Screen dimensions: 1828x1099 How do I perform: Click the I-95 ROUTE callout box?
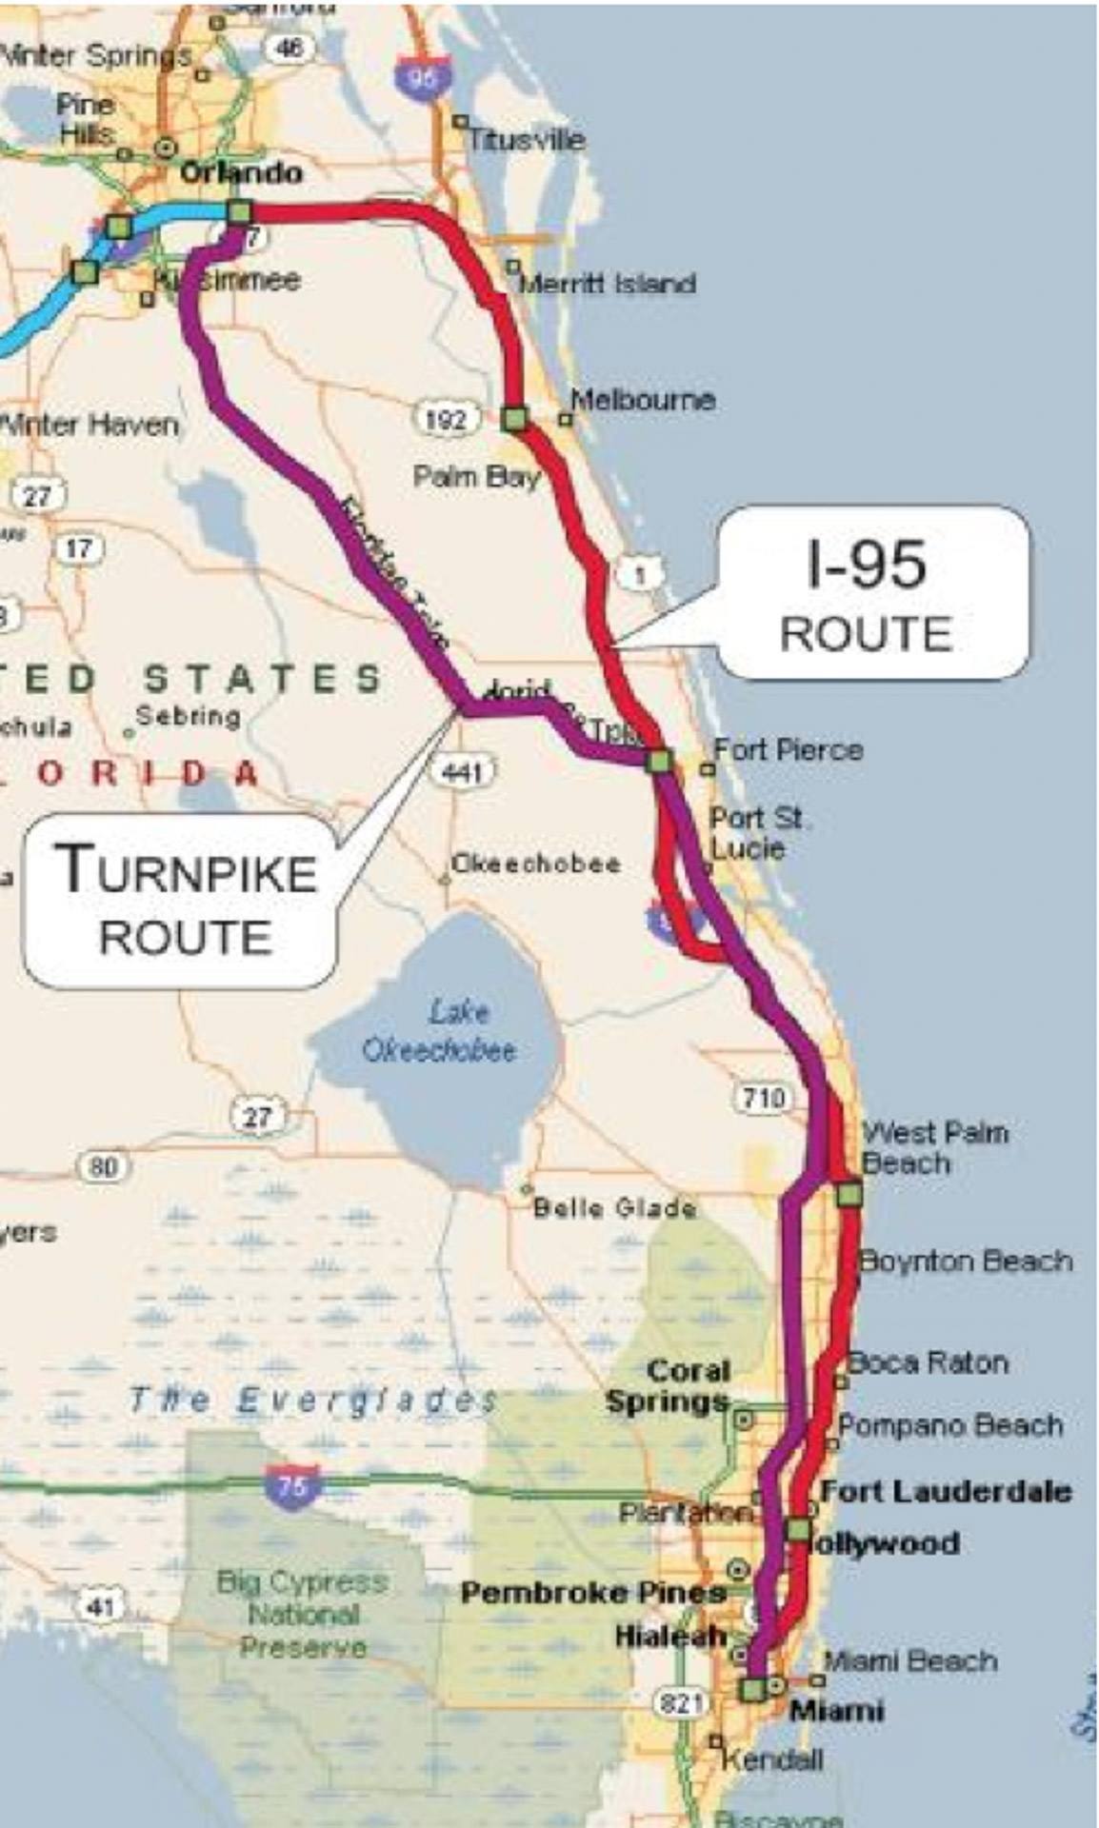pos(872,594)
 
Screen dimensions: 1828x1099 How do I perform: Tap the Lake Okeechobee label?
pos(439,1031)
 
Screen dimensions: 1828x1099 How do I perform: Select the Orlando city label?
pos(241,173)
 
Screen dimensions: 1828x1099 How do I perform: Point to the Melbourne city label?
pos(644,400)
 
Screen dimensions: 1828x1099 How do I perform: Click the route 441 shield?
pos(462,770)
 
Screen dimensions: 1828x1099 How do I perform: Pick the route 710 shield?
pos(763,1098)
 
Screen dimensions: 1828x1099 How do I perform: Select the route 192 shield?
pos(445,418)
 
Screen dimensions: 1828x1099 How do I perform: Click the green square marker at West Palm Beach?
pos(849,1193)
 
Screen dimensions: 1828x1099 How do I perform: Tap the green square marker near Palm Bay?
pos(514,418)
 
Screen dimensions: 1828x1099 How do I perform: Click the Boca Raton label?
pos(928,1362)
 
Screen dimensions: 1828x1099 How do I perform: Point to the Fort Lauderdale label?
pos(946,1491)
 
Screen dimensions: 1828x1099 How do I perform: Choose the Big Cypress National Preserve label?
pos(302,1614)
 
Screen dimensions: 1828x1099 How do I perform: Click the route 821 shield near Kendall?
pos(681,1702)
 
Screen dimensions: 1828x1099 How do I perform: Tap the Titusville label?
pos(527,140)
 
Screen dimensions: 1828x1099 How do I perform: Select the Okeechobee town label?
pos(535,864)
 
